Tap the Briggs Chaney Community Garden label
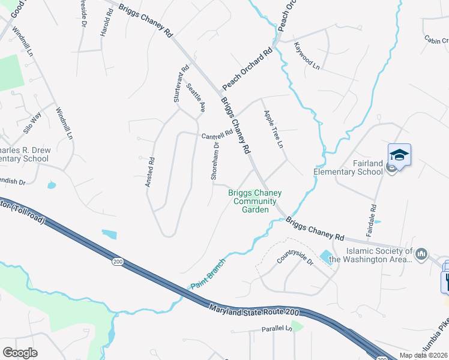tap(255, 201)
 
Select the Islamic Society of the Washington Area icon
tap(421, 254)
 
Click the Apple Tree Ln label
tap(273, 129)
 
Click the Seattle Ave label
tap(196, 98)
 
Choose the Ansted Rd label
tap(151, 172)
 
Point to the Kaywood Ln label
tap(306, 56)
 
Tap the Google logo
tap(20, 352)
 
